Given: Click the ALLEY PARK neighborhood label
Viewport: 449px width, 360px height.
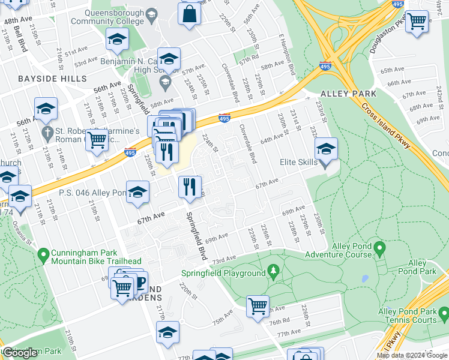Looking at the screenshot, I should [348, 94].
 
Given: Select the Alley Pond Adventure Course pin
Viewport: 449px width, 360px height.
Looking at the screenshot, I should [379, 247].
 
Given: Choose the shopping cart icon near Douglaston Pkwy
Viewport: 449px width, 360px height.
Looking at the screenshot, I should [417, 22].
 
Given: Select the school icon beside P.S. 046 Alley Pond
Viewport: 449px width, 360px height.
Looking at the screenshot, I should [137, 192].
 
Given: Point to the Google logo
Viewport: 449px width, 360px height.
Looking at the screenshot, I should [21, 353].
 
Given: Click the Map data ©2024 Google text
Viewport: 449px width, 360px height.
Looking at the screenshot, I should [412, 355].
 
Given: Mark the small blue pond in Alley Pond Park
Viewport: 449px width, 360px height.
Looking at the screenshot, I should [363, 279].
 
